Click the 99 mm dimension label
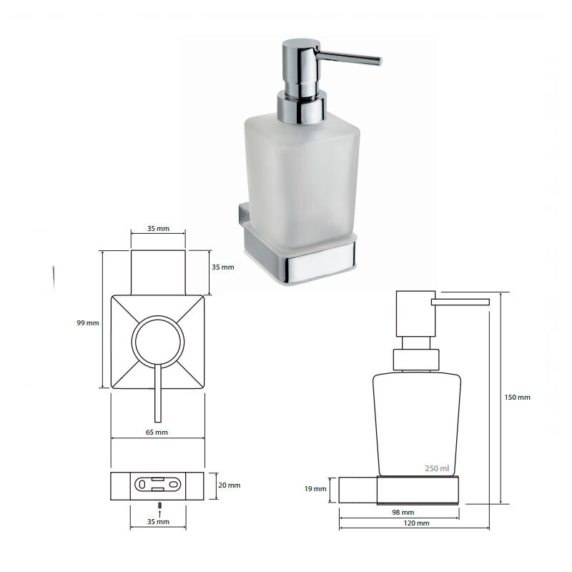point(88,323)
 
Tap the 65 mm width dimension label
point(157,433)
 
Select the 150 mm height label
point(517,398)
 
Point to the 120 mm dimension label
point(417,523)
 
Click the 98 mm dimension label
point(403,513)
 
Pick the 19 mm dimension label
point(315,489)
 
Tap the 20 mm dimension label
point(230,485)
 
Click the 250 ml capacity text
point(437,468)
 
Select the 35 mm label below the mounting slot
point(158,522)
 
